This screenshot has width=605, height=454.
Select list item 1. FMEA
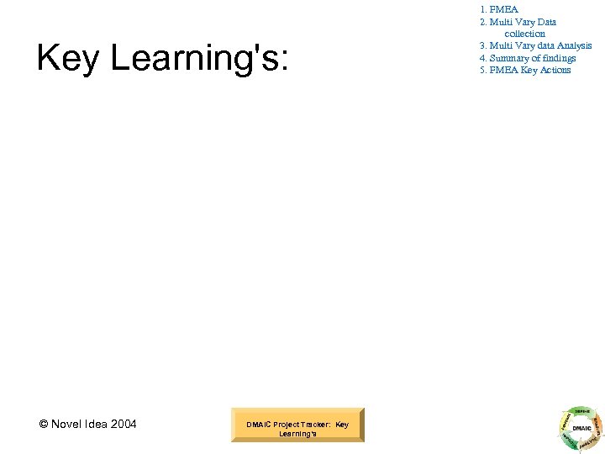(x=498, y=9)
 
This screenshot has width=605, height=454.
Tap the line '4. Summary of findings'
(x=528, y=58)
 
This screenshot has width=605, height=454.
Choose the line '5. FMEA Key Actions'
(x=525, y=70)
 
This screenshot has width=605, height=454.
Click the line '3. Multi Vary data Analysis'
(x=535, y=45)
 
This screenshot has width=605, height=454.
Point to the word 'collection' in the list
(x=525, y=34)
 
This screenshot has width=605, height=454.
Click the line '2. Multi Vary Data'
(x=518, y=22)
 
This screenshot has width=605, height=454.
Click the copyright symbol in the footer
(x=44, y=424)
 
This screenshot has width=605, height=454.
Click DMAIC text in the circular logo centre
(x=581, y=427)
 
